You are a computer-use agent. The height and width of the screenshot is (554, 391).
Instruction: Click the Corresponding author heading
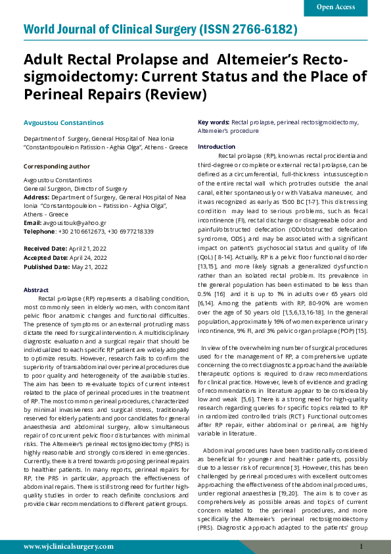point(57,167)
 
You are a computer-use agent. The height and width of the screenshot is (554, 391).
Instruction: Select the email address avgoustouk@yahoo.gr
point(72,223)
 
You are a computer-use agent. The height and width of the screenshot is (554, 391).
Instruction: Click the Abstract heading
point(35,290)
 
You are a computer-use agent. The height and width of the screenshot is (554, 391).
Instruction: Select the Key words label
point(214,122)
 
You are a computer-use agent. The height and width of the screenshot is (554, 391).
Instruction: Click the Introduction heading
point(216,147)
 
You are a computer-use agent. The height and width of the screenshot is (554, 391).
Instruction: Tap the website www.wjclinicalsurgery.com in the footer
point(68,546)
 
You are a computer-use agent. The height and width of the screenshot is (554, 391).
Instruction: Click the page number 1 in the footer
point(361,546)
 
